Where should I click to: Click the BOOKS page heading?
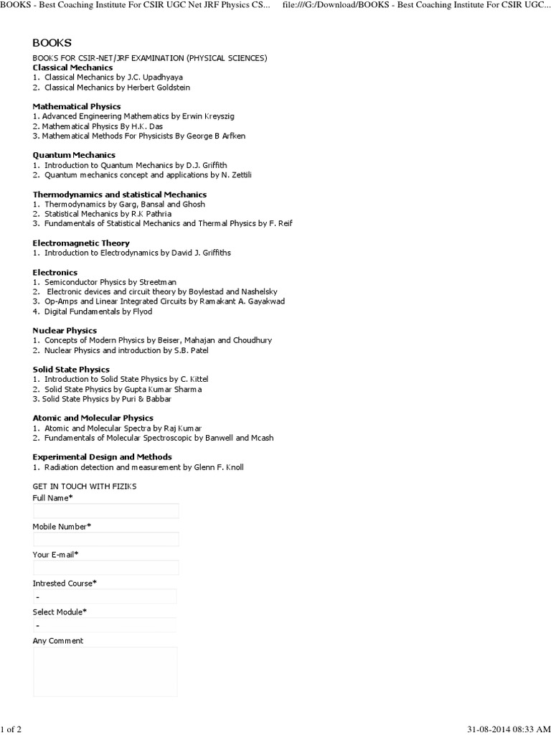point(52,43)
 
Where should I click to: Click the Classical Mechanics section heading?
point(72,67)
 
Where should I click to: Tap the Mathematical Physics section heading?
point(77,106)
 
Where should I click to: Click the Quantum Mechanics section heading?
point(74,155)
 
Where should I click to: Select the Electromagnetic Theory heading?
point(81,243)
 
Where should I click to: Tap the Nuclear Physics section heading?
point(65,330)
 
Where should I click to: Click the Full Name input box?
point(105,511)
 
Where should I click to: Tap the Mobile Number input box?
point(105,539)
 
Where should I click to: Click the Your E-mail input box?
point(105,568)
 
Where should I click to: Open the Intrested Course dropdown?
point(105,596)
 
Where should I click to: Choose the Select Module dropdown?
point(105,624)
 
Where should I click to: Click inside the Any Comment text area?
point(105,671)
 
